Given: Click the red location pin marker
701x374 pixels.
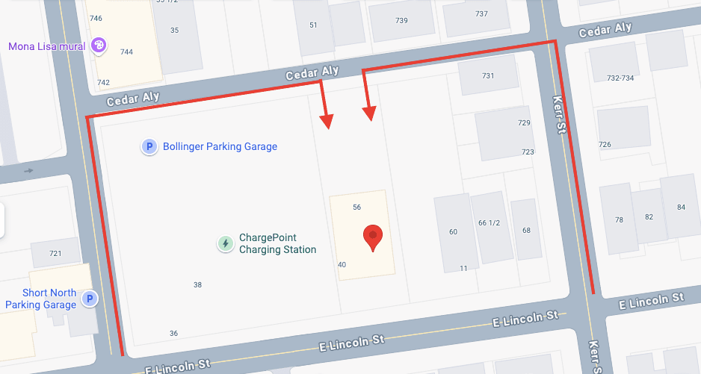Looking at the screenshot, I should tap(374, 237).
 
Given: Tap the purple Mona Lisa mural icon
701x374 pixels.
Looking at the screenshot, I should tap(98, 46).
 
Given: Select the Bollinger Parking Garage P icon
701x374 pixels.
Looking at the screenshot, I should tap(149, 147).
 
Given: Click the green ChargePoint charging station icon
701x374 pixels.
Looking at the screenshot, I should tap(225, 243).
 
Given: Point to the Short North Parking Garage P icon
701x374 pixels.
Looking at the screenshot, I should tap(89, 299).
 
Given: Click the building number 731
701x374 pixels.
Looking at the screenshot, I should tap(488, 76).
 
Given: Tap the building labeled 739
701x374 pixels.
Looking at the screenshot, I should tap(401, 21).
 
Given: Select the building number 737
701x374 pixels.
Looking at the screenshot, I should tap(481, 14).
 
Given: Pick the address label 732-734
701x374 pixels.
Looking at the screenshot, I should tap(620, 78).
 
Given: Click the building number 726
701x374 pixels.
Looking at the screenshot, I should tap(605, 144).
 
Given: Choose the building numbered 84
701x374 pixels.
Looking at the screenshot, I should tap(681, 207).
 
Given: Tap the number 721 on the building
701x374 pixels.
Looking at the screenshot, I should tap(55, 254).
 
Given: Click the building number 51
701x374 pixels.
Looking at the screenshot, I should tap(313, 25).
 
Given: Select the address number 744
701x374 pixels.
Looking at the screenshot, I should tap(126, 52).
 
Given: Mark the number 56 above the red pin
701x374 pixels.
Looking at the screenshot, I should tap(356, 207).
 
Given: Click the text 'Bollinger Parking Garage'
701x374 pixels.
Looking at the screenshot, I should tap(220, 147).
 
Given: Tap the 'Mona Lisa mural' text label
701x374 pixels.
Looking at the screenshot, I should tap(46, 46).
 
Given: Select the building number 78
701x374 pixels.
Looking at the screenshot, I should tap(619, 219).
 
